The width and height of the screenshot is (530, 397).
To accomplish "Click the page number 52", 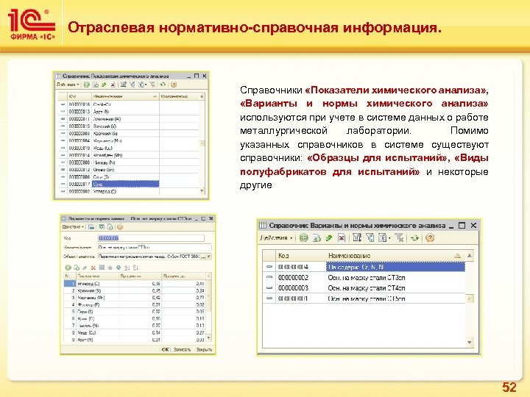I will (x=509, y=387).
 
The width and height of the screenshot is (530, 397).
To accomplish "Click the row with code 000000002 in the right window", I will (x=368, y=277).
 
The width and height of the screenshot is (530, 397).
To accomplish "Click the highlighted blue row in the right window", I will (x=368, y=267).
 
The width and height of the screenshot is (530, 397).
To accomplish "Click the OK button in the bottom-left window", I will (x=166, y=349).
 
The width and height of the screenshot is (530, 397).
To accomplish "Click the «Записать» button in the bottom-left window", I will (x=181, y=349).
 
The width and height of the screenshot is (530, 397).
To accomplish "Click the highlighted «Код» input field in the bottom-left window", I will (x=108, y=237).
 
